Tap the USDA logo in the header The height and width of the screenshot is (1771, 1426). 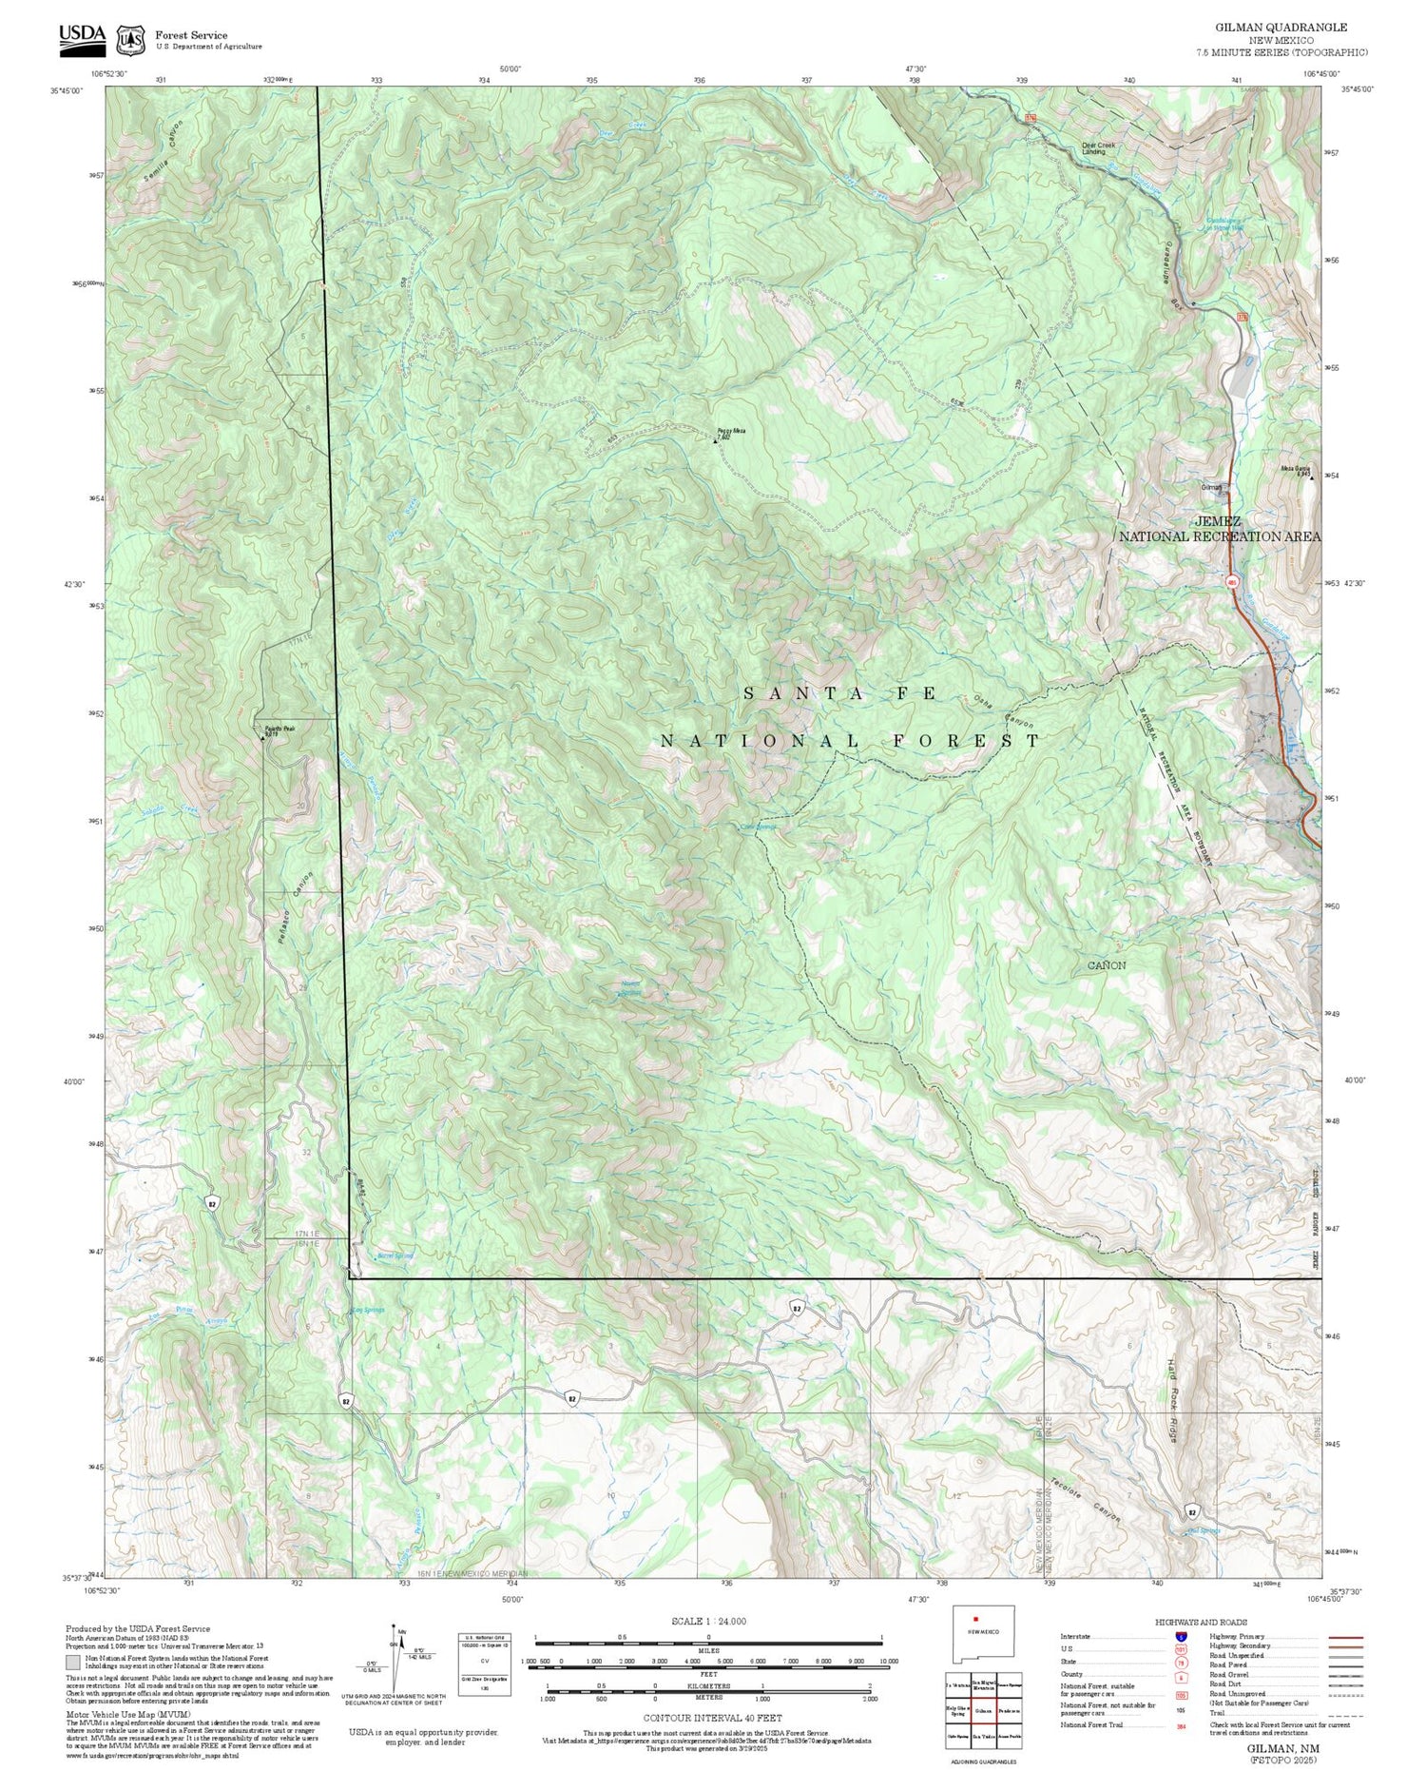point(83,36)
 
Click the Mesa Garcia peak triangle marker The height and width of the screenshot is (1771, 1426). point(1313,478)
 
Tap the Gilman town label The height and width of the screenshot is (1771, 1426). point(1211,487)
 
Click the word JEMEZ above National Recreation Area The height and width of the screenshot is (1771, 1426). point(1219,521)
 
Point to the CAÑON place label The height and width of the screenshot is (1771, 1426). point(1107,964)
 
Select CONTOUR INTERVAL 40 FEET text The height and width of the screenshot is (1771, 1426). point(712,1718)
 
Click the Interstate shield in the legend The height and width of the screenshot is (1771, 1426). point(1181,1637)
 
